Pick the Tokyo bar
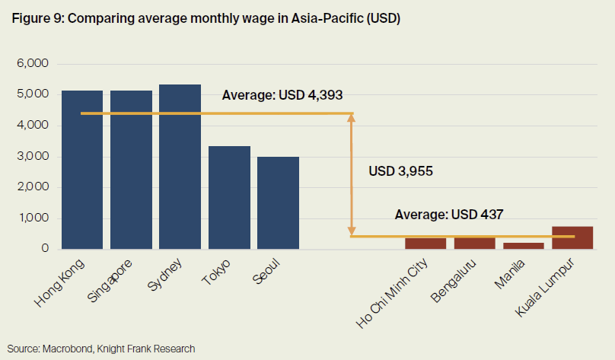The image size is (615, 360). [229, 197]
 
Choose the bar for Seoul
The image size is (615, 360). [278, 202]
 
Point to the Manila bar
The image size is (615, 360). [523, 245]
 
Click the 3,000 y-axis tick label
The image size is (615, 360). [33, 156]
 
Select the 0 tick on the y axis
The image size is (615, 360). [45, 249]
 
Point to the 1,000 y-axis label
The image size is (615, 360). [33, 218]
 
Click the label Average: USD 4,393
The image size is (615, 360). [282, 96]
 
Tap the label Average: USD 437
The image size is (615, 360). [449, 215]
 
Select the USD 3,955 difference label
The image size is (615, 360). [400, 171]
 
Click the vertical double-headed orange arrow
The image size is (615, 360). [352, 175]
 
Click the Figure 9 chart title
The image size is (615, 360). [206, 19]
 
